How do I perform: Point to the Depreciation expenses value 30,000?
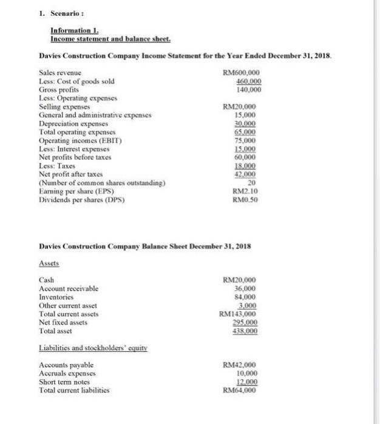click(x=249, y=121)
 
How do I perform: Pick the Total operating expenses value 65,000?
click(x=249, y=129)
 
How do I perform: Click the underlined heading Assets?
click(x=50, y=264)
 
